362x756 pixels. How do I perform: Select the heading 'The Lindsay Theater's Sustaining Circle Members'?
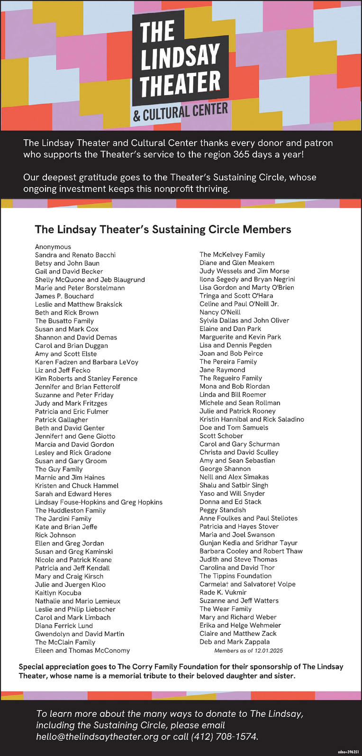click(x=163, y=230)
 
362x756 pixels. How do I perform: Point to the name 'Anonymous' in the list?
click(x=53, y=247)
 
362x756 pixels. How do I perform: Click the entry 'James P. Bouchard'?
click(x=64, y=296)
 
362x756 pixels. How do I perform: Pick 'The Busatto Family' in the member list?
click(x=64, y=321)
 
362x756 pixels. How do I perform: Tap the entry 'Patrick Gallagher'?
click(x=62, y=419)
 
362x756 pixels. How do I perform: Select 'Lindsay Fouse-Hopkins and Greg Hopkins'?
click(x=99, y=502)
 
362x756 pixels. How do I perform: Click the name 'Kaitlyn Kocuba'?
click(x=58, y=593)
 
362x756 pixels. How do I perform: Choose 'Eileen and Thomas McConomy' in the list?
click(x=82, y=650)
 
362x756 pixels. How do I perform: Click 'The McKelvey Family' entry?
click(x=232, y=255)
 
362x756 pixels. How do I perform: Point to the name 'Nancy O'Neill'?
click(x=220, y=312)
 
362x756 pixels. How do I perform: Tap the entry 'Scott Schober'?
click(x=221, y=436)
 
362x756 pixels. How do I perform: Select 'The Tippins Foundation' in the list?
click(x=235, y=576)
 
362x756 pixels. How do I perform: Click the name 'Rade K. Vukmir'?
click(x=223, y=592)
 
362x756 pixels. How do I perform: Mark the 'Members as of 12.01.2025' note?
click(x=248, y=651)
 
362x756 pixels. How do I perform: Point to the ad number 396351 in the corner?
click(x=349, y=751)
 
